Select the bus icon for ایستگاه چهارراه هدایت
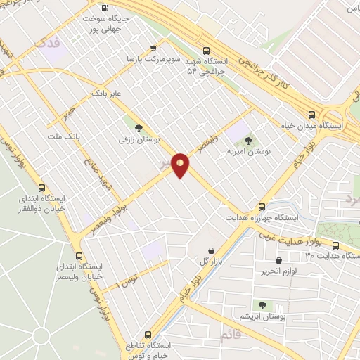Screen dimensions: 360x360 (262, 207)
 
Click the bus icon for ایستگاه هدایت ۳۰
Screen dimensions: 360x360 (335, 246)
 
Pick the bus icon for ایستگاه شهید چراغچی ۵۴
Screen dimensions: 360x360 (206, 51)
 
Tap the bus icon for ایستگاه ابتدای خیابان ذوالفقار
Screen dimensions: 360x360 (42, 188)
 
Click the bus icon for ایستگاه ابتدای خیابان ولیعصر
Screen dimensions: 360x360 (79, 257)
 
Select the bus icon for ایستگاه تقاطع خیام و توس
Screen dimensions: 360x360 (148, 335)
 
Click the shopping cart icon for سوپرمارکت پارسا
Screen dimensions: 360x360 (153, 49)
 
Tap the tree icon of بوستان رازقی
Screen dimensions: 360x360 (139, 127)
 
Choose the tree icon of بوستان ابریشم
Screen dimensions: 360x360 (262, 305)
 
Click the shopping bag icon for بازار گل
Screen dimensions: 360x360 (212, 250)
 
